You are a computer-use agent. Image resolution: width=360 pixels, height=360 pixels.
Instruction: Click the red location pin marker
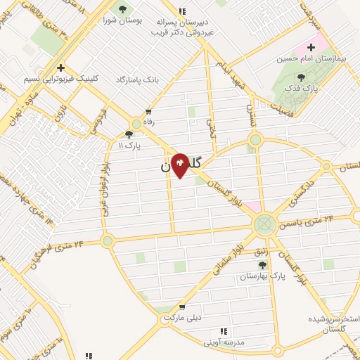coord(180,165)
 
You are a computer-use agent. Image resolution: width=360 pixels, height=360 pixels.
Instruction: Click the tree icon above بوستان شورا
coord(124,9)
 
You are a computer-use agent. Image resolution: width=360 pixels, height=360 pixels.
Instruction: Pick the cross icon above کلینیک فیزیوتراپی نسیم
coord(61,68)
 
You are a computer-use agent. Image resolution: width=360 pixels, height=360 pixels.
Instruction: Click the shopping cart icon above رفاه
coord(148,112)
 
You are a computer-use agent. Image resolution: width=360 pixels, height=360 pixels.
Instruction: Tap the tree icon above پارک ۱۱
coord(129,134)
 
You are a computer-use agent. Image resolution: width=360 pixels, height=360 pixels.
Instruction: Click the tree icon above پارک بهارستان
coord(263,265)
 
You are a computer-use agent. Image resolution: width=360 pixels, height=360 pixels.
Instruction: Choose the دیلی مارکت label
coord(182,317)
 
